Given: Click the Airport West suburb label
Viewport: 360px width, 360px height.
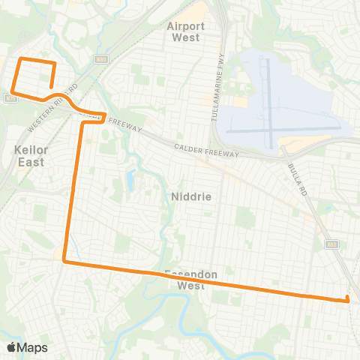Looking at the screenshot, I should click(186, 31).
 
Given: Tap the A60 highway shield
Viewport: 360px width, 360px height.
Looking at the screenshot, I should click(331, 244).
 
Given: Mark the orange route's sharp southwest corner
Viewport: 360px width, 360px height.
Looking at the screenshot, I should click(64, 262).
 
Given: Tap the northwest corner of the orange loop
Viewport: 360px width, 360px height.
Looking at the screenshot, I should click(20, 58).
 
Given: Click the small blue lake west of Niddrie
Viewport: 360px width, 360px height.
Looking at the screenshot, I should click(132, 180).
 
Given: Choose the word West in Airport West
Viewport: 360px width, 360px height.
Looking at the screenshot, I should click(186, 37).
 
